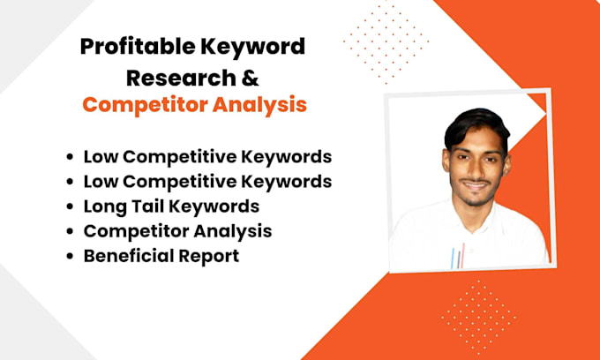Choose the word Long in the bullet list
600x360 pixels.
(103, 207)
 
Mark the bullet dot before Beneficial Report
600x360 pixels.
(70, 257)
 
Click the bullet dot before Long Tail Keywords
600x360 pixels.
(70, 207)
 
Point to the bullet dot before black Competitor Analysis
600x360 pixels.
(70, 232)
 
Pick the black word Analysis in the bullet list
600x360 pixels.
(236, 231)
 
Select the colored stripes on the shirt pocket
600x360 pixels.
(457, 257)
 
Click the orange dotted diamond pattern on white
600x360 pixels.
(386, 40)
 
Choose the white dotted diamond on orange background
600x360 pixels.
(479, 313)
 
